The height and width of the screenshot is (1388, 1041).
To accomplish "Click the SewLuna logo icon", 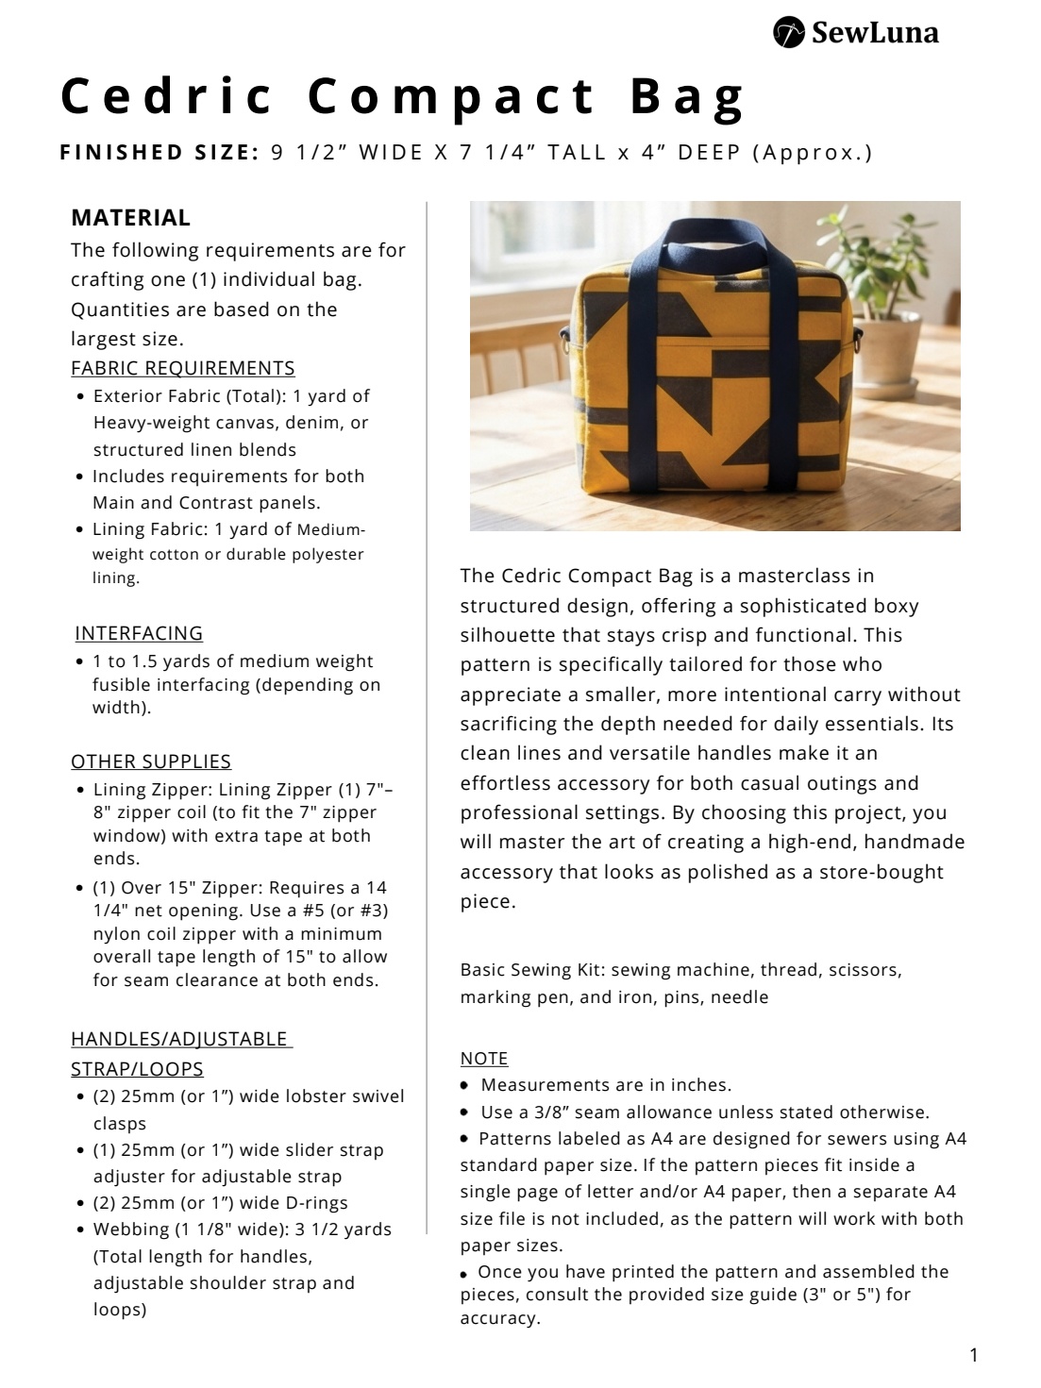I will point(789,32).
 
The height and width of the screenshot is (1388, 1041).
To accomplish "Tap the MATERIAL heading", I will point(130,218).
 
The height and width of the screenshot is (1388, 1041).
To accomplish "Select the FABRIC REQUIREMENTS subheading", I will point(182,368).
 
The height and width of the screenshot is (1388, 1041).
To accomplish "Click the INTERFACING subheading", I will point(139,633).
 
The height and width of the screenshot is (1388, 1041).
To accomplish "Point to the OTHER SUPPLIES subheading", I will point(151,761).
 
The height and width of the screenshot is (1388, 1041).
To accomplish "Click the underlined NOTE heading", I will point(484,1059).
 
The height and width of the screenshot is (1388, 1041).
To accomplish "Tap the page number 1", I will point(974,1356).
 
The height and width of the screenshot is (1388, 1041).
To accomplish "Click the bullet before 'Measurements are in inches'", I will point(464,1086).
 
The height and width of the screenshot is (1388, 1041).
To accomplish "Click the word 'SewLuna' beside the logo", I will point(875,34).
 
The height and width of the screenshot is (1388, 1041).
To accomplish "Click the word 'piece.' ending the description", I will point(488,902).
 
